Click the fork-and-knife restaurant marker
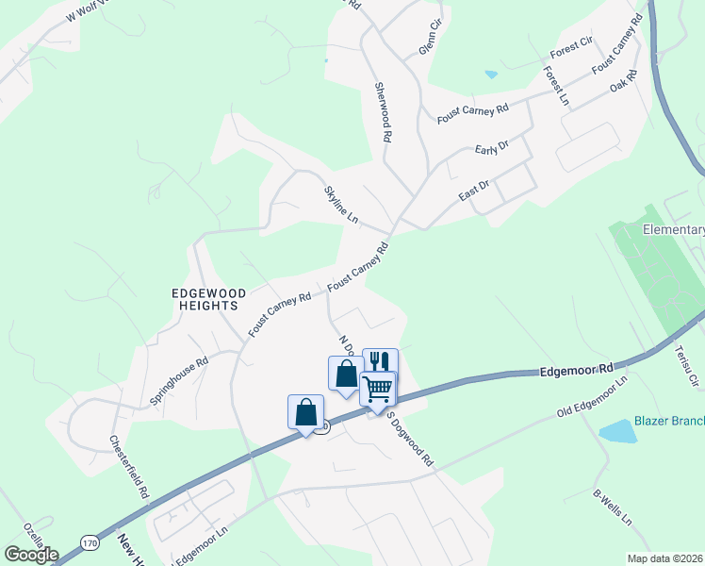coord(380,362)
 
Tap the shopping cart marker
coord(377,388)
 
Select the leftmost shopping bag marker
coord(305,412)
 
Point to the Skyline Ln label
coord(341,205)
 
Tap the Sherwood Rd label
coord(383,111)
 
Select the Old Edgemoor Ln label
coord(592,397)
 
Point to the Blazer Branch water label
coord(668,421)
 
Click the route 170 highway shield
coord(90,543)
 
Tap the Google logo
coord(30,555)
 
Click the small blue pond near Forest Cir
coord(490,74)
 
